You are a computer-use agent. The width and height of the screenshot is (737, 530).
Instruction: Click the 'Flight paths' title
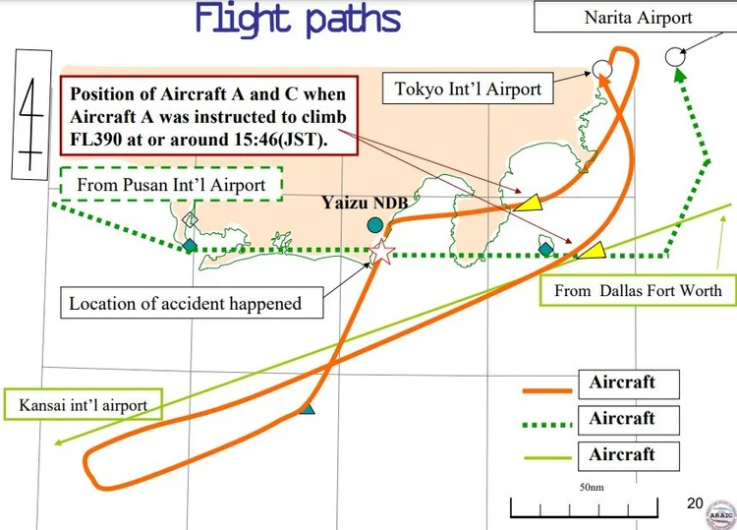298,20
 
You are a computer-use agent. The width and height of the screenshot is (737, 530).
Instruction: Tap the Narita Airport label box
636,18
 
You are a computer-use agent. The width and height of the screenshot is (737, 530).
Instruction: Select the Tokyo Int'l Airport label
468,88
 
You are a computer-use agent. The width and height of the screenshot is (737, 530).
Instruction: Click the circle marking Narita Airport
675,57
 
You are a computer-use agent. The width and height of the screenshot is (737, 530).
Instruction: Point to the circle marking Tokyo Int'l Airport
602,70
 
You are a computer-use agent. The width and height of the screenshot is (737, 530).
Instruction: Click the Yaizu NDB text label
365,203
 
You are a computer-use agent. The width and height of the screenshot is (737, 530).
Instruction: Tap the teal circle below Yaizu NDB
374,225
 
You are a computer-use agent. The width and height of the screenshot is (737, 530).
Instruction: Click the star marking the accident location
381,252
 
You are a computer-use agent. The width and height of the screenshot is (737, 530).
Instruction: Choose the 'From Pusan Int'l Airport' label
172,184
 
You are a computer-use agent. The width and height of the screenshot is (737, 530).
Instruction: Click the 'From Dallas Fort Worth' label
638,290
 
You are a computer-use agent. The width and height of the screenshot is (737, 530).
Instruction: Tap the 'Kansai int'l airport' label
84,404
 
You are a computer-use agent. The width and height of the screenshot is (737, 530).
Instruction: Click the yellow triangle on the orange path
529,203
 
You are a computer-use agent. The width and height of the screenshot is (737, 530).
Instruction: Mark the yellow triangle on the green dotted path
593,251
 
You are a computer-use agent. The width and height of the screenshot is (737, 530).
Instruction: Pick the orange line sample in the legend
547,390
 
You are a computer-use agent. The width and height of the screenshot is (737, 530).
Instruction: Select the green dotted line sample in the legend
547,425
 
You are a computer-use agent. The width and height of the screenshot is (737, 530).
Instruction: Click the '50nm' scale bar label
592,487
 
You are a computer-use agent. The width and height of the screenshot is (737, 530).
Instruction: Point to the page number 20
695,503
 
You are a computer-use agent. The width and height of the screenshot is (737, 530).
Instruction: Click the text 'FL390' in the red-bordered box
94,140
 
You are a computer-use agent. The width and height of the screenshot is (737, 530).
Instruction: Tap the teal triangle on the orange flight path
307,409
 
